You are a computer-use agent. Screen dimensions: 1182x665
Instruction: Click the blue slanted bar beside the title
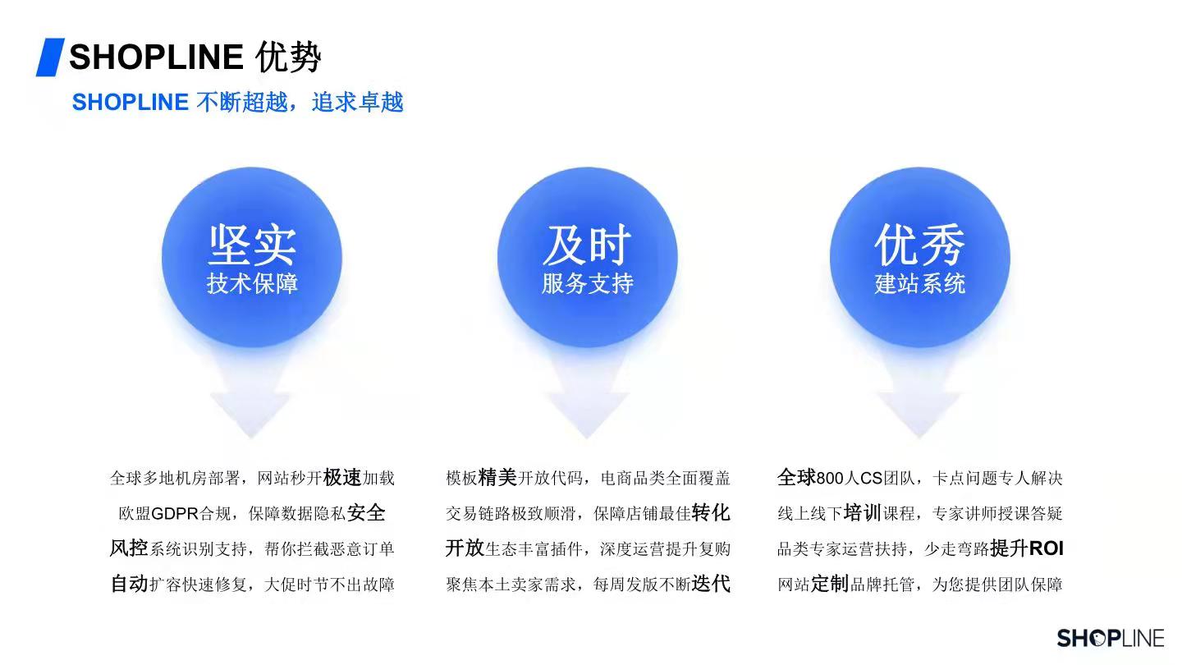coord(50,57)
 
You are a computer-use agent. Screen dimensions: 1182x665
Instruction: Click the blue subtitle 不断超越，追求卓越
coord(299,102)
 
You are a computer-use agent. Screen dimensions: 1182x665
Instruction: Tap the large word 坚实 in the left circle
coord(252,245)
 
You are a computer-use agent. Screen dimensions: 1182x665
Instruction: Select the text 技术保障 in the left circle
coord(252,283)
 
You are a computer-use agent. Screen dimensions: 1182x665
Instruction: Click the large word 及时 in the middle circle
coord(587,245)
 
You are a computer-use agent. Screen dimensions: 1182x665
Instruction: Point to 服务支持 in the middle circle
coord(588,283)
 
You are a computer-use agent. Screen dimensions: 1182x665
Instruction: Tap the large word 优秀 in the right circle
coord(919,245)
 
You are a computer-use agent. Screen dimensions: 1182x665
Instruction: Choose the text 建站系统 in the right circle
coord(919,283)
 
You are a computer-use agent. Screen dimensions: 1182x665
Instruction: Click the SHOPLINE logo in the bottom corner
coord(1111,638)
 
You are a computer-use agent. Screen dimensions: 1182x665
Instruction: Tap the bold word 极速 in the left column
coord(342,478)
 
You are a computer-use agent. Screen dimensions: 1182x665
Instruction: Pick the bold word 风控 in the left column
coord(129,548)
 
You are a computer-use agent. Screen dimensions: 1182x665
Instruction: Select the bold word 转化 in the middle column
coord(711,513)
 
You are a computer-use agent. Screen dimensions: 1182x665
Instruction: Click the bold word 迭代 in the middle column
coord(711,584)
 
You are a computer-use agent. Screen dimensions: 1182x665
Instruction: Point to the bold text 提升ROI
coord(1026,548)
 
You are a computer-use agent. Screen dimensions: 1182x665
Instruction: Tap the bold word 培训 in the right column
coord(862,513)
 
